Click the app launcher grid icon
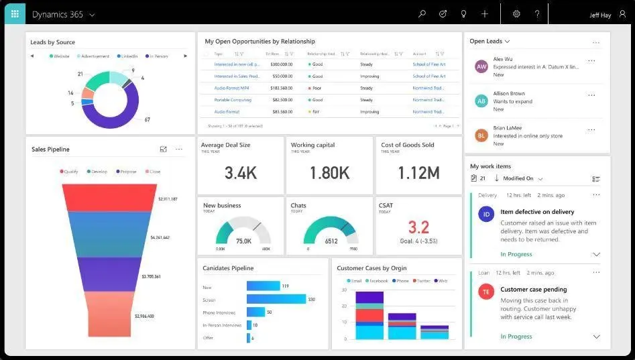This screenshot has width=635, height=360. click(15, 13)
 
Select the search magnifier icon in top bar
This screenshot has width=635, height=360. click(422, 14)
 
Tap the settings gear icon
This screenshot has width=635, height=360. click(516, 14)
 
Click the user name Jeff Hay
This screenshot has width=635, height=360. click(599, 15)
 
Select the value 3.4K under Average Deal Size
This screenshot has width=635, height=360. click(241, 173)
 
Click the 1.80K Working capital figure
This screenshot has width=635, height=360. click(329, 173)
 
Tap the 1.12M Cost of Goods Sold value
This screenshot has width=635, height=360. click(419, 173)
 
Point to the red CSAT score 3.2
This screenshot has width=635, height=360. click(418, 227)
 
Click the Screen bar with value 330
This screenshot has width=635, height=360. click(276, 299)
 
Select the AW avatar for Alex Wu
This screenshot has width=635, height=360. click(481, 66)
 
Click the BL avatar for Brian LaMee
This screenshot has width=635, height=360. click(481, 135)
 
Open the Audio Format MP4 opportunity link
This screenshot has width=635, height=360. click(231, 88)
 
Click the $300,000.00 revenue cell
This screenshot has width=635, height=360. click(281, 64)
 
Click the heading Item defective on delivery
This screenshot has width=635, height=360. click(537, 212)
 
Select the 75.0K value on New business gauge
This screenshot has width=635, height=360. click(243, 241)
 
